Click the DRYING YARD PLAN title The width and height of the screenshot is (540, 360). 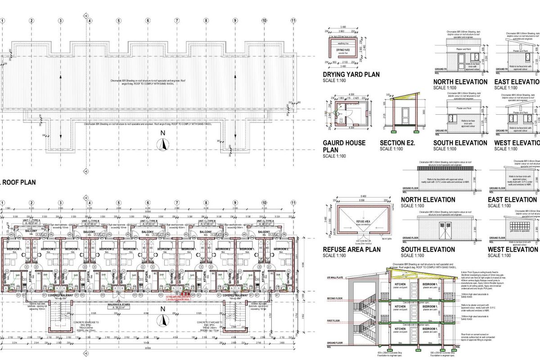[351, 75]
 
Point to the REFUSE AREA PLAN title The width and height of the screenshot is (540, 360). [351, 249]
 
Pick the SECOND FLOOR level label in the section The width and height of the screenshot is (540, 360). [335, 298]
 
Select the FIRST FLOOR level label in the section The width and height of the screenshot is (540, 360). [334, 321]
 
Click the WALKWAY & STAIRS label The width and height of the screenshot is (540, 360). [118, 305]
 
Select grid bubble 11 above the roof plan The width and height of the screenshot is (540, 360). [293, 20]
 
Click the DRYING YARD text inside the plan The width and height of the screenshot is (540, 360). [343, 50]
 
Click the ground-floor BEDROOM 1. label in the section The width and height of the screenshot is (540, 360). [430, 329]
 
